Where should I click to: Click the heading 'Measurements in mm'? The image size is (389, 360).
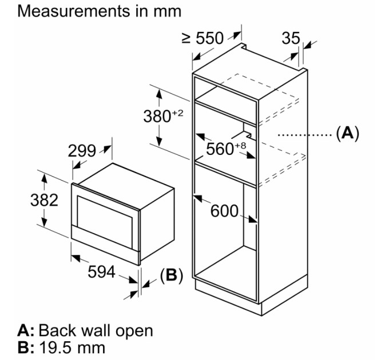tap(100, 11)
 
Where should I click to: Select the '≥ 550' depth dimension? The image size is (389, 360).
tap(203, 38)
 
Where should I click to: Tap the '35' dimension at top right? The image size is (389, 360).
tap(291, 38)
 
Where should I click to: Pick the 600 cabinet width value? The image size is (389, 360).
tap(224, 211)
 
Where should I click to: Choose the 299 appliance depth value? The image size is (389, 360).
tap(82, 151)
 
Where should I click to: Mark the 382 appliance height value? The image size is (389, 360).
tap(44, 200)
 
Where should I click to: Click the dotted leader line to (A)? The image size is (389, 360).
tap(303, 135)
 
